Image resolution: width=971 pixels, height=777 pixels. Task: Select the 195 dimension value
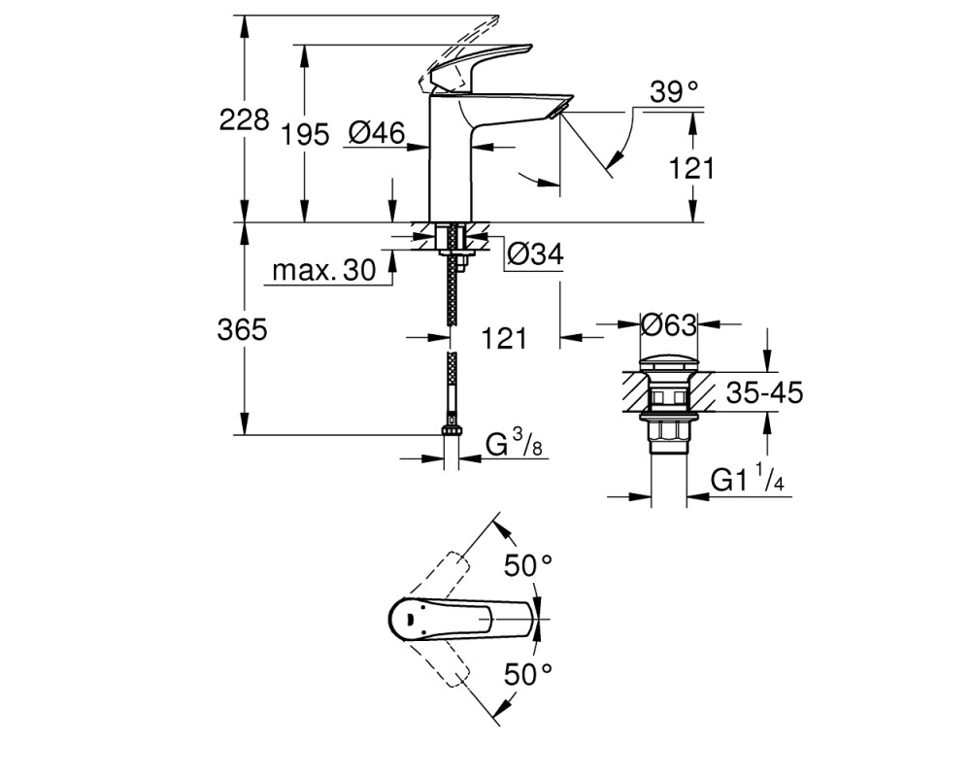305,134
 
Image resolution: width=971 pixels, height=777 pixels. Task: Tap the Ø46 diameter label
377,133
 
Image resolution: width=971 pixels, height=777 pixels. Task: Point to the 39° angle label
674,92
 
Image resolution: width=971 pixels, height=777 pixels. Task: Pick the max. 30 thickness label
324,270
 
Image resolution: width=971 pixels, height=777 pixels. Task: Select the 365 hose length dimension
242,329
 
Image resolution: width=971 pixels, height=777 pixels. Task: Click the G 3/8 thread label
514,444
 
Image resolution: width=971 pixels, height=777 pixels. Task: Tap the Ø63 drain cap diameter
669,324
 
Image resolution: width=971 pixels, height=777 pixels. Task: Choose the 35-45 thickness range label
764,392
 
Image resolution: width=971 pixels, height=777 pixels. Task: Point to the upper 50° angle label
527,565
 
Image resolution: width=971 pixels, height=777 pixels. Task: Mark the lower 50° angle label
527,673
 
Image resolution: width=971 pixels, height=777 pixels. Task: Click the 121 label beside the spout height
691,168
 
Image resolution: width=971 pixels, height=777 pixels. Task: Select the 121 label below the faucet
504,338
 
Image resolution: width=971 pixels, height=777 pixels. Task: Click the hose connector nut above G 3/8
451,431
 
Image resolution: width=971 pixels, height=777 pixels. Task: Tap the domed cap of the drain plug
669,363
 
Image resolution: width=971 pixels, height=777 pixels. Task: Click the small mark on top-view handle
410,618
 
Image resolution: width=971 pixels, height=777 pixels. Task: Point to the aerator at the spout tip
558,111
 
